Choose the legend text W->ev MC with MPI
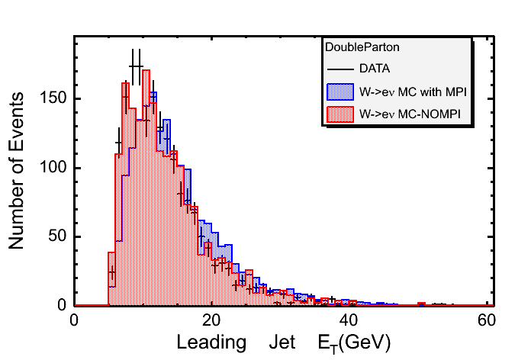click(x=412, y=92)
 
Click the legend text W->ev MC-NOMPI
click(x=406, y=115)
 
